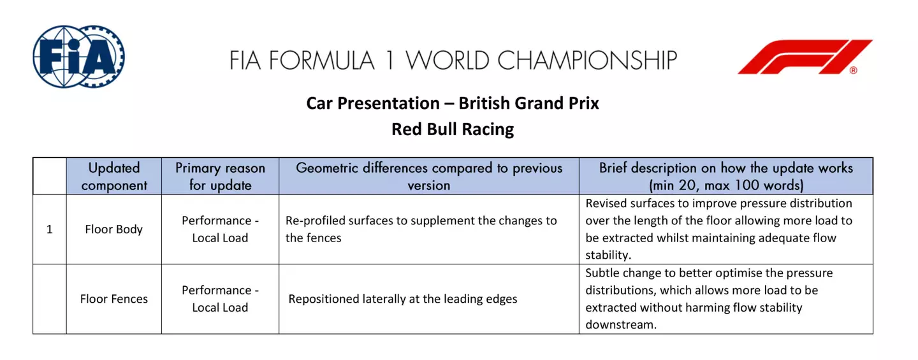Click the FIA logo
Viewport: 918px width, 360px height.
(x=78, y=57)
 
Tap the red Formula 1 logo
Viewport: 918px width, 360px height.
(x=805, y=57)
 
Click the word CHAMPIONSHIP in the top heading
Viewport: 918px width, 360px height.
(x=586, y=61)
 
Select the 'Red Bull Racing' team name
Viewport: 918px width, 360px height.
(x=453, y=129)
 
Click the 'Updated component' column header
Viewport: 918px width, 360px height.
(x=114, y=176)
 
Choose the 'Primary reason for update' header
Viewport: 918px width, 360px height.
(x=220, y=176)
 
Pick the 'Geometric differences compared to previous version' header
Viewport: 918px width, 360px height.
(x=429, y=176)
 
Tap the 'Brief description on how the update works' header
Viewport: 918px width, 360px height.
(x=725, y=176)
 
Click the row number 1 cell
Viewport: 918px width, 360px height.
(x=50, y=229)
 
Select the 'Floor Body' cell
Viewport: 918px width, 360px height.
(x=114, y=229)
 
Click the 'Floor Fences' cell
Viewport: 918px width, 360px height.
(x=114, y=299)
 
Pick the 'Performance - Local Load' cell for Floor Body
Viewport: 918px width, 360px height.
(x=220, y=229)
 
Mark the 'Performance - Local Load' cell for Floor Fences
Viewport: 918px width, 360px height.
(x=220, y=299)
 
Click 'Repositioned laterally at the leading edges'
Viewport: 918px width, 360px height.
(x=403, y=299)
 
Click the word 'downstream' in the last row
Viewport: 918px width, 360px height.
(x=620, y=325)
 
